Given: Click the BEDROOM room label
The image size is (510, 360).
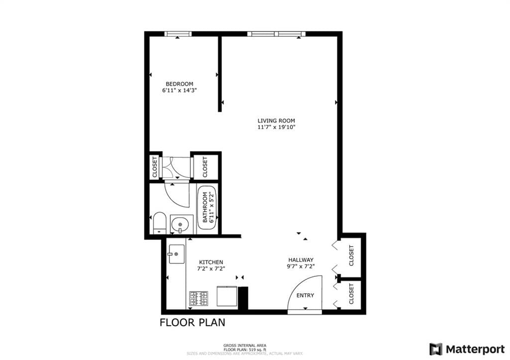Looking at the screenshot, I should tap(179, 84).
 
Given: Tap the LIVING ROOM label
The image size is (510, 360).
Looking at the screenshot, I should tap(276, 120).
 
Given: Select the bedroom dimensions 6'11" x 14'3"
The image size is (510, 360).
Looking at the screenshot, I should tap(179, 91).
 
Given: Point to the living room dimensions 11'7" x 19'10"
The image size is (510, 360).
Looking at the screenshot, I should tap(276, 127).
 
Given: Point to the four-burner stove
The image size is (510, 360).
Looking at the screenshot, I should tap(198, 298).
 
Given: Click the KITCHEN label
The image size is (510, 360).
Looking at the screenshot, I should tap(211, 262).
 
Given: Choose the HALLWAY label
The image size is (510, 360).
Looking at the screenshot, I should tap(301, 260).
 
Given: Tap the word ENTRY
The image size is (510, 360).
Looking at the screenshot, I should tap(305, 295).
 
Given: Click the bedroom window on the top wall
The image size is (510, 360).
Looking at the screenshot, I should tap(178, 34).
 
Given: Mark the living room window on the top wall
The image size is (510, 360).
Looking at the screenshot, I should tap(276, 34).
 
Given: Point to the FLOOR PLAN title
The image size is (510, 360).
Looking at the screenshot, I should tap(192, 323).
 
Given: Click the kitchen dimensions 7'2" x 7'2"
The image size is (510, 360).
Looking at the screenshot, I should tap(211, 269).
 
